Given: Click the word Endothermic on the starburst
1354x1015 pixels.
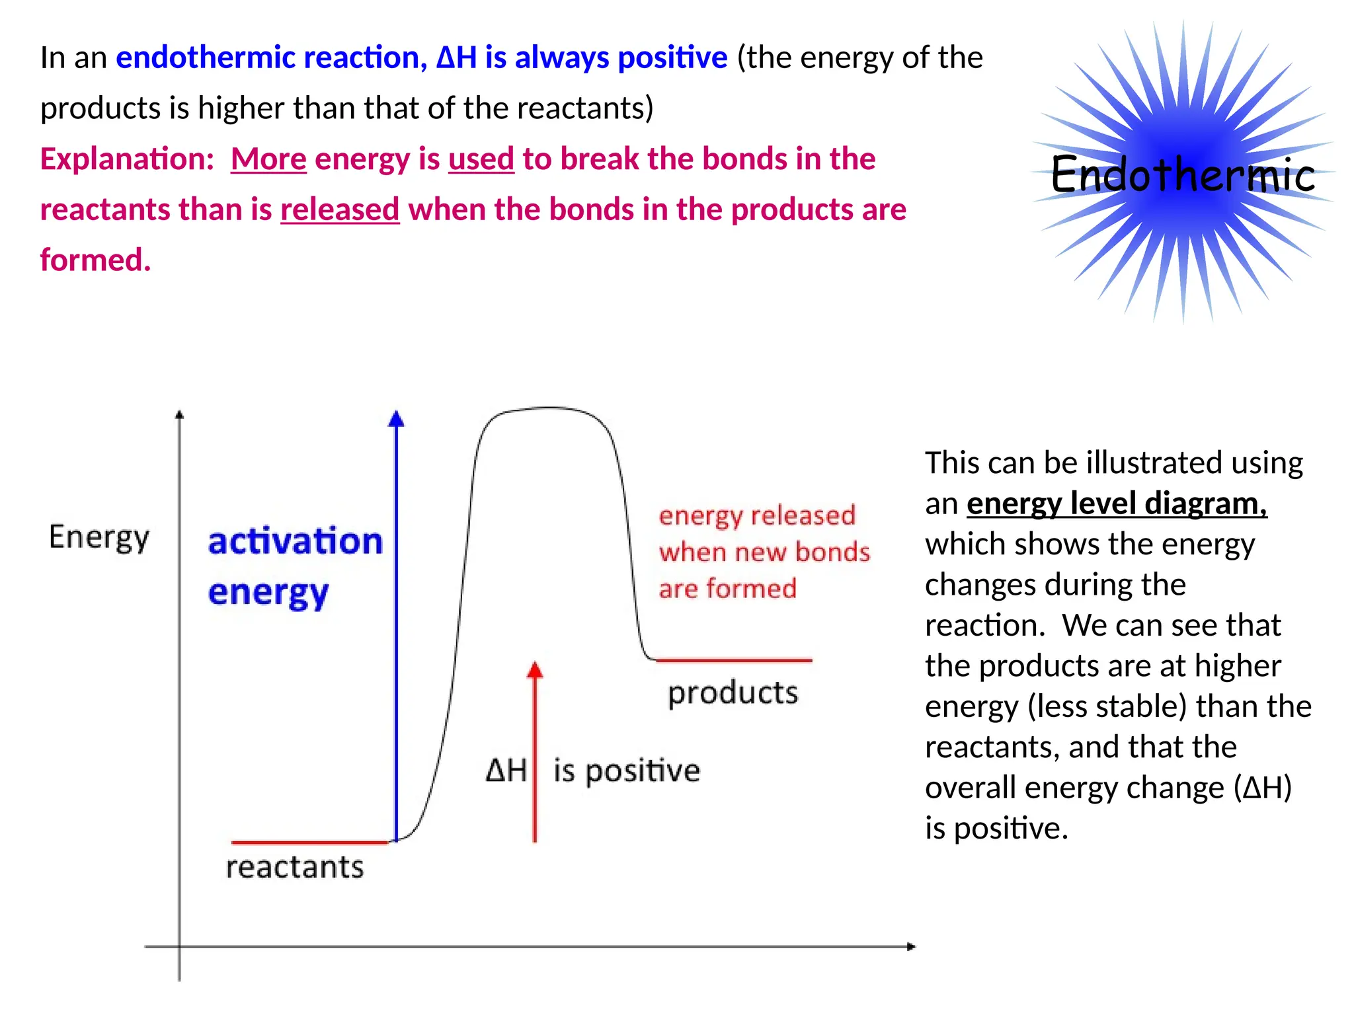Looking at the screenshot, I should point(1182,175).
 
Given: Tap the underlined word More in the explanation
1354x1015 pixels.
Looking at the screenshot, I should point(268,159).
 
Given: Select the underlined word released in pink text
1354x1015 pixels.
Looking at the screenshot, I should point(340,210).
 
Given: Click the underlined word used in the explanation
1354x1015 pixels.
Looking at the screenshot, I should point(481,159).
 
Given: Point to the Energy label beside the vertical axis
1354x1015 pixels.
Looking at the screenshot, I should point(99,537).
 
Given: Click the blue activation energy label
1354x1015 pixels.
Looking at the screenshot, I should point(294,565).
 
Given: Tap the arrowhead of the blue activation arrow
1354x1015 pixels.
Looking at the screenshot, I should point(396,418).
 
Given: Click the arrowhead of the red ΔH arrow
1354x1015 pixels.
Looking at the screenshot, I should point(535,669).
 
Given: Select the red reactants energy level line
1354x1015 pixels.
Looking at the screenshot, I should point(309,842).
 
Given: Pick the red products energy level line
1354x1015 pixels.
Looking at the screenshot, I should point(734,659).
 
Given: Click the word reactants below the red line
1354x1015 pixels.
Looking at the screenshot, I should point(295,867).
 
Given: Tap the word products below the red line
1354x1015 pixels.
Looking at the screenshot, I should point(733,693).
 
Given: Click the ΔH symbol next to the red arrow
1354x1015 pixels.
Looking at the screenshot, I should point(506,771).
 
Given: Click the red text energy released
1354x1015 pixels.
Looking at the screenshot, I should point(757,515).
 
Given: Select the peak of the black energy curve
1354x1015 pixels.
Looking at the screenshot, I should point(549,408).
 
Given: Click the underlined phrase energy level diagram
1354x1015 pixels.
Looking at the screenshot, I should point(1116,504).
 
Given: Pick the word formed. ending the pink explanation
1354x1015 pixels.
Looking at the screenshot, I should point(96,260).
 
